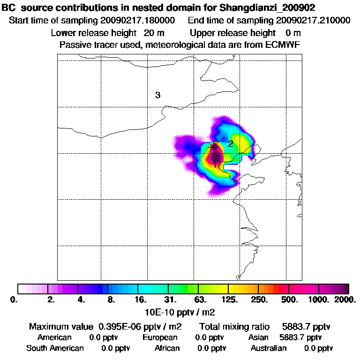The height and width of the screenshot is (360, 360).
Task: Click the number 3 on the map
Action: pyautogui.click(x=158, y=95)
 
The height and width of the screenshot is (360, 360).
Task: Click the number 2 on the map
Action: pyautogui.click(x=231, y=143)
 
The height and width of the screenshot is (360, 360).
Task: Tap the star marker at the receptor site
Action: pyautogui.click(x=214, y=147)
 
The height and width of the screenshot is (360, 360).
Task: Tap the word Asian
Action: pyautogui.click(x=258, y=337)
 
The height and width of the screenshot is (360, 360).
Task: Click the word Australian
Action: pyautogui.click(x=269, y=348)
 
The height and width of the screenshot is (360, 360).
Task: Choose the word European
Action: pyautogui.click(x=160, y=337)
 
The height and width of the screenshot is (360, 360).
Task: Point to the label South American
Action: pyautogui.click(x=55, y=348)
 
